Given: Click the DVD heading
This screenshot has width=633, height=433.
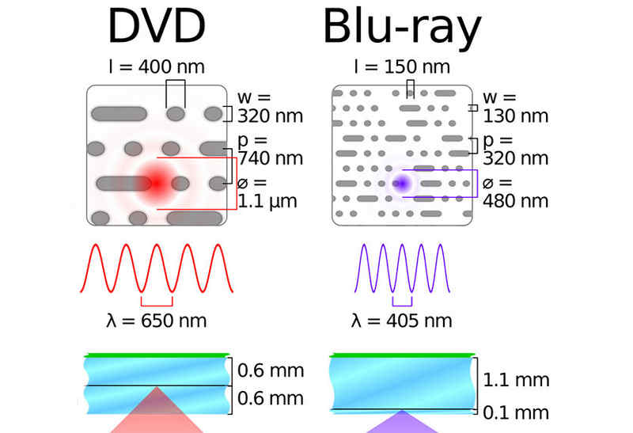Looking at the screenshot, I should click(x=157, y=28).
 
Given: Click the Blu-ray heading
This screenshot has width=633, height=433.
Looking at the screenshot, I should click(x=402, y=28).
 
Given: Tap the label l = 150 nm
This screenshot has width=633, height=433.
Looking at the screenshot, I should click(x=402, y=66).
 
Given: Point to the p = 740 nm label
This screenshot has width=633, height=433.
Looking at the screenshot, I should click(x=269, y=149).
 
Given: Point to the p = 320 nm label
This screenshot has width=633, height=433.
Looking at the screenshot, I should click(x=514, y=149).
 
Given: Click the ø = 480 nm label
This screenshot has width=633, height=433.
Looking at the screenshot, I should click(x=514, y=192).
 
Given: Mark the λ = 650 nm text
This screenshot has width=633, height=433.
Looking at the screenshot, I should click(x=157, y=321).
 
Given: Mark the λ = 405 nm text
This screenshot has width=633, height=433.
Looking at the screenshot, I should click(x=402, y=321).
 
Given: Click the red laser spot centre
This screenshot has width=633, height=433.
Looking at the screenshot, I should click(x=156, y=183).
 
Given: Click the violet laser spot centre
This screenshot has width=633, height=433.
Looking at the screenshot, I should click(x=402, y=183).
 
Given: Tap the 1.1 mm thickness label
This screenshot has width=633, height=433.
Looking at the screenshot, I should click(x=516, y=380).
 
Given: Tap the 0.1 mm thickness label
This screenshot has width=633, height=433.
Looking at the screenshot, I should click(x=516, y=412).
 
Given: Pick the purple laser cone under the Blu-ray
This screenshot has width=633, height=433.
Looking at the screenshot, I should click(x=402, y=422).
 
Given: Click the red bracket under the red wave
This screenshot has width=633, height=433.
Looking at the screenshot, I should click(x=157, y=303).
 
